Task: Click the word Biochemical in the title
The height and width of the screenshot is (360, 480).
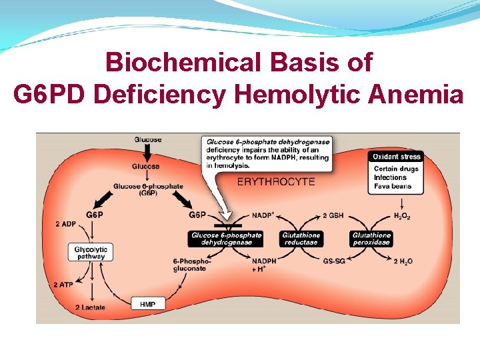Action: (175, 63)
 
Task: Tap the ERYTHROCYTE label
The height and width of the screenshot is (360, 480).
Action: (276, 181)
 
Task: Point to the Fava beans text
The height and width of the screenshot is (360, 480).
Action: (393, 186)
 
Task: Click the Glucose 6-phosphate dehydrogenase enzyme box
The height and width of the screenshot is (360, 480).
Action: (226, 239)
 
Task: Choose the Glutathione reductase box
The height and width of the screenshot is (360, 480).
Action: (301, 239)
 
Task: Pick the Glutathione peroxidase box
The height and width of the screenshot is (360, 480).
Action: (371, 239)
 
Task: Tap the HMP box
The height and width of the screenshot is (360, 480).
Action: (147, 304)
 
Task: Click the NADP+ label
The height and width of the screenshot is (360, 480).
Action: (263, 215)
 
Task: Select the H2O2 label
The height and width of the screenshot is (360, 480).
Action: (402, 215)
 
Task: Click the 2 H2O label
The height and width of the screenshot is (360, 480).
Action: (403, 261)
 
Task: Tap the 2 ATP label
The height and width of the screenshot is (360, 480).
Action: (64, 285)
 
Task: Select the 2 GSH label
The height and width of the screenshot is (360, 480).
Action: (333, 215)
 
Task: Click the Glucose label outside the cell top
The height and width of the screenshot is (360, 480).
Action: (147, 139)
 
